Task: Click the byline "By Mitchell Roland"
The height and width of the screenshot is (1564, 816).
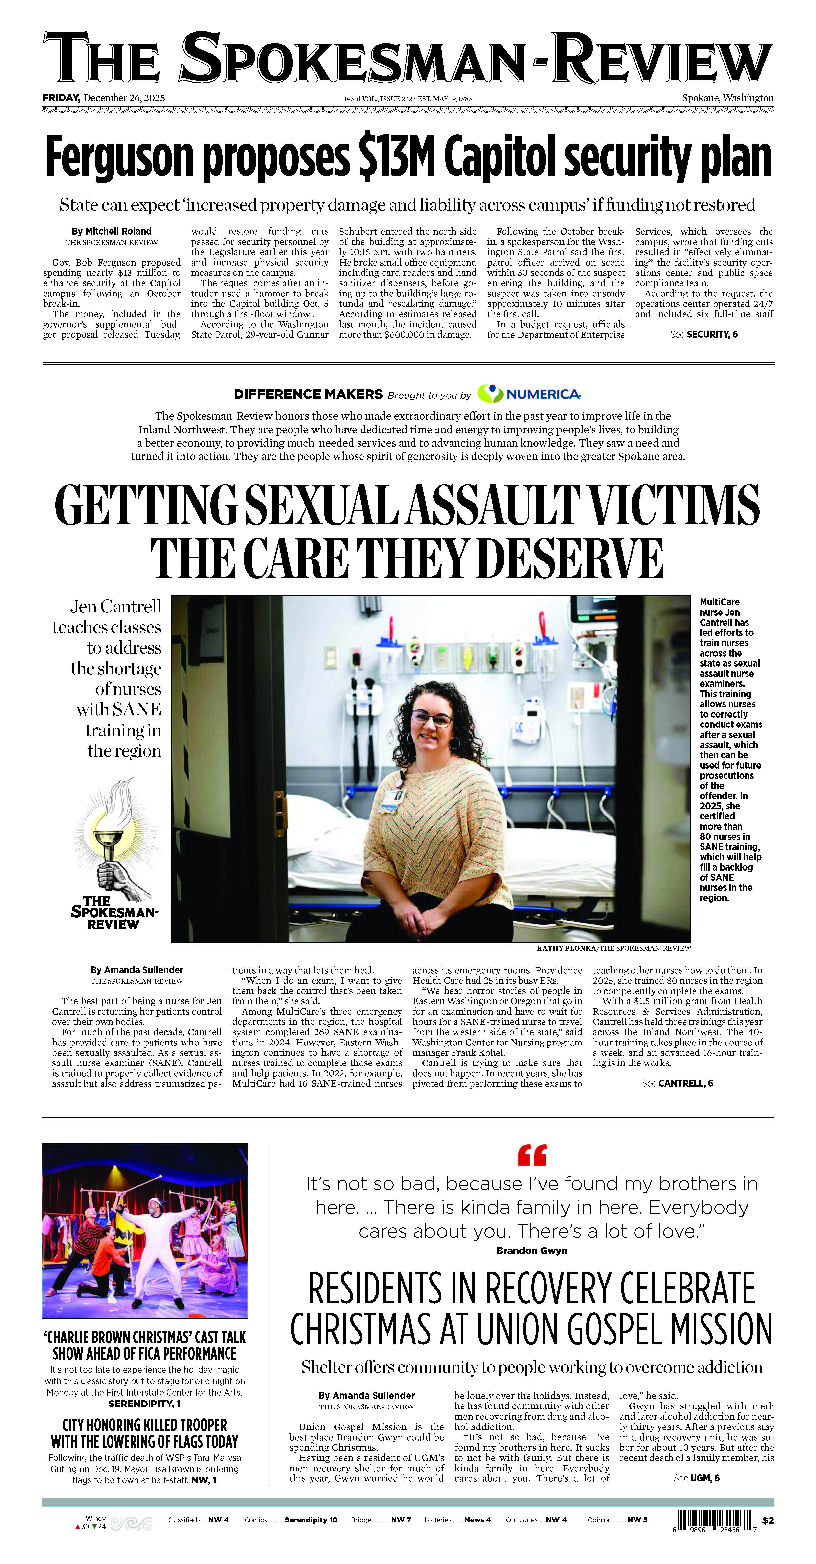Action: click(112, 231)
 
